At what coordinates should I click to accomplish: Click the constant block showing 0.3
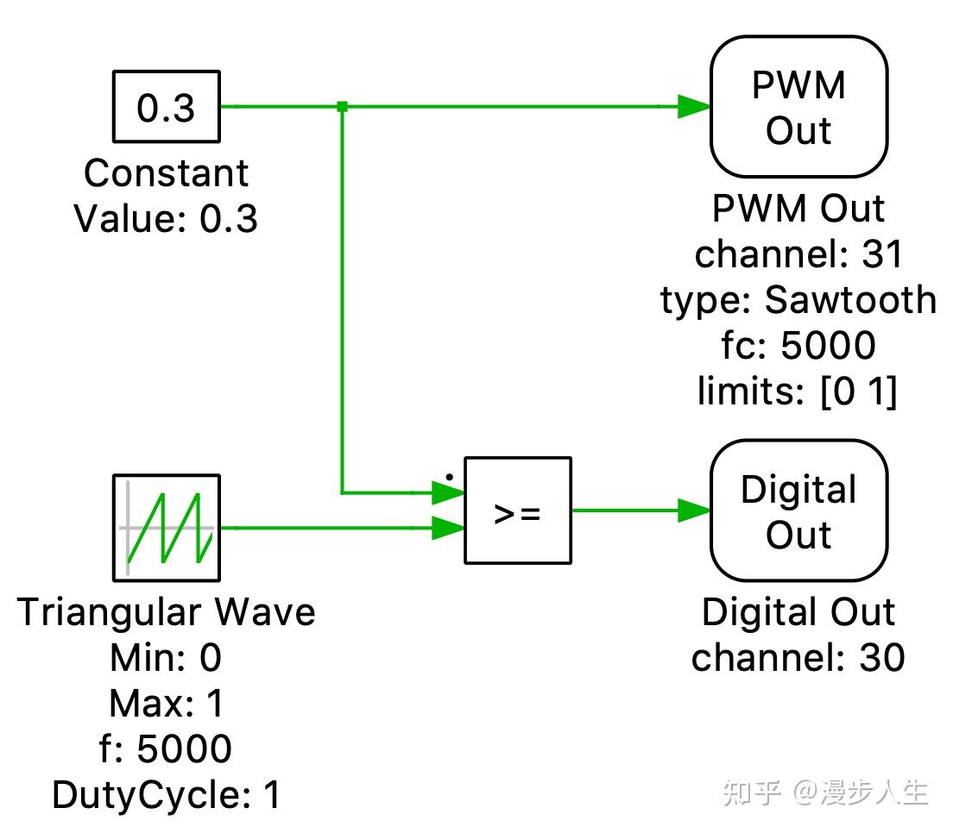pos(167,106)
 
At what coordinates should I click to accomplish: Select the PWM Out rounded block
pos(798,106)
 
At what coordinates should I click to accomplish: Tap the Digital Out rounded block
pos(798,510)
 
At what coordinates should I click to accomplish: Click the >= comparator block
pos(518,510)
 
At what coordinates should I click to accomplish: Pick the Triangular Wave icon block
pos(167,528)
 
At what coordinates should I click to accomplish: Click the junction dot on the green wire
pos(342,106)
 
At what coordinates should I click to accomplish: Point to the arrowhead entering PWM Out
pos(694,106)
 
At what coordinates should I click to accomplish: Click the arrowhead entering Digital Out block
pos(694,510)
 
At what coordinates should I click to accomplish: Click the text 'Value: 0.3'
pos(166,218)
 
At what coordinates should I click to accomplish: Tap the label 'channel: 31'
pos(798,254)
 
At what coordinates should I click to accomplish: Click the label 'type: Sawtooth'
pos(798,300)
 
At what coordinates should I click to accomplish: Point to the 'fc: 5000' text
pos(798,345)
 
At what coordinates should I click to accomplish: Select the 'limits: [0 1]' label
pos(798,391)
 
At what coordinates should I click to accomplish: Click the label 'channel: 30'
pos(798,658)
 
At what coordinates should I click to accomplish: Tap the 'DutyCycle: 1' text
pos(167,795)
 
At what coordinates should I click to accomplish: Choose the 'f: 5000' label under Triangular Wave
pos(166,748)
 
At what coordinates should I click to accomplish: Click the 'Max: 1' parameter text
pos(166,703)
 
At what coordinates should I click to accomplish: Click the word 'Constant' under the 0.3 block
pos(166,173)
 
